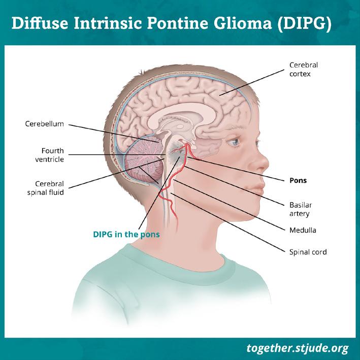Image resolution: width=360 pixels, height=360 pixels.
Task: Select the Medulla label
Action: [x=302, y=230]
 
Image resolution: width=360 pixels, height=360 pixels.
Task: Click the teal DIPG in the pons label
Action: [x=126, y=235]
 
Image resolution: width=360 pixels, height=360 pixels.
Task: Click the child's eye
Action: [x=234, y=142]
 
